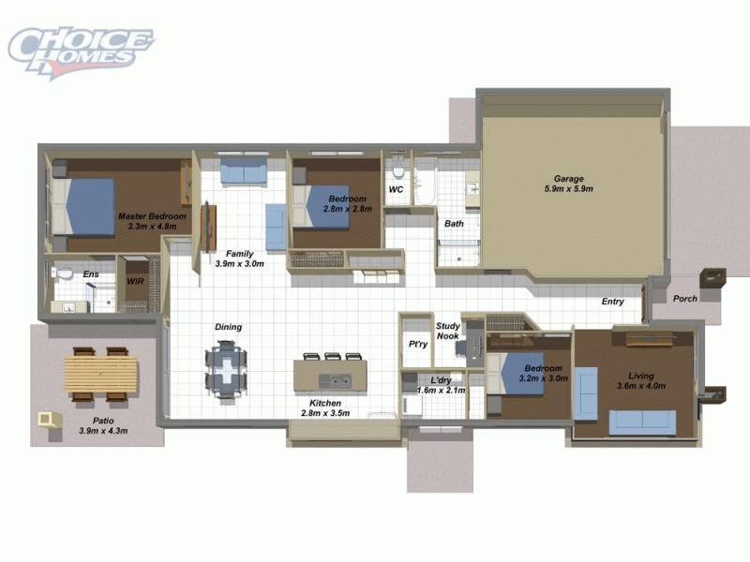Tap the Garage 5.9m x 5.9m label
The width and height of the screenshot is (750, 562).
(568, 184)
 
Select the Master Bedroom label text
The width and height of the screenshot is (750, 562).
(152, 221)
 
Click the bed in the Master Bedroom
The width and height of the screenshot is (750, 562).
(85, 206)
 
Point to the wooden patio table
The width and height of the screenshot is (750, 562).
(100, 377)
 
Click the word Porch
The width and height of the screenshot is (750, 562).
(685, 299)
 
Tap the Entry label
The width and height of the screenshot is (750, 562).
(613, 302)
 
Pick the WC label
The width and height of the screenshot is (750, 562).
(396, 190)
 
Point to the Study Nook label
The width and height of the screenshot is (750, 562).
(447, 331)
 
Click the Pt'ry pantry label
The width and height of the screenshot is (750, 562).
(418, 344)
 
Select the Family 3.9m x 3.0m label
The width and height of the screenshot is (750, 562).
(240, 259)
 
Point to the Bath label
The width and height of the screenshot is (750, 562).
(454, 224)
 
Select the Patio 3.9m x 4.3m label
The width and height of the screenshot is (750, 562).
(103, 426)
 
